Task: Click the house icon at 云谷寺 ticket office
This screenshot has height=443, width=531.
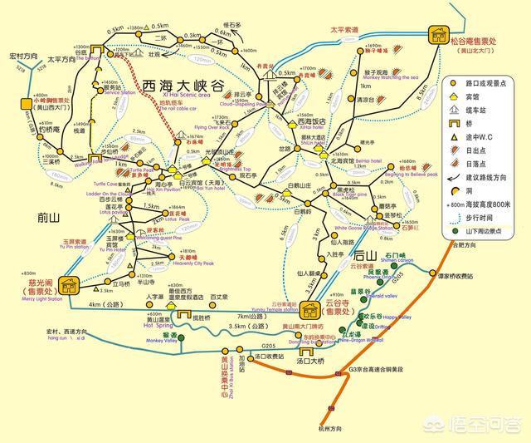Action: (311, 309)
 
